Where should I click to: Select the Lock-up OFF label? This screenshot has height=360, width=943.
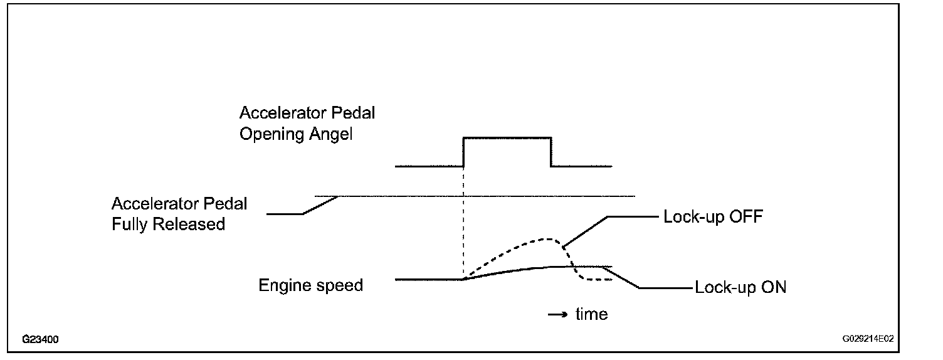[x=712, y=217]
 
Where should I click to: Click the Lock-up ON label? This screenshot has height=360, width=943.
[x=740, y=288]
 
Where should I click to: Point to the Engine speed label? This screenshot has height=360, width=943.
[x=310, y=285]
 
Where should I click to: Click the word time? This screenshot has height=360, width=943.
[x=591, y=314]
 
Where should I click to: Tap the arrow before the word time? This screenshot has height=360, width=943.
[x=557, y=314]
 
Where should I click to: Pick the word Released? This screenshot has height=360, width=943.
[x=191, y=224]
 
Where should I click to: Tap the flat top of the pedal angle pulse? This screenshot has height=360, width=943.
[x=507, y=137]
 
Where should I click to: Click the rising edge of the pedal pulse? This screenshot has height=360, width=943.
[x=463, y=152]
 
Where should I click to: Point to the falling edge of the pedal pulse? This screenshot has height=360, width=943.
[x=551, y=152]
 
